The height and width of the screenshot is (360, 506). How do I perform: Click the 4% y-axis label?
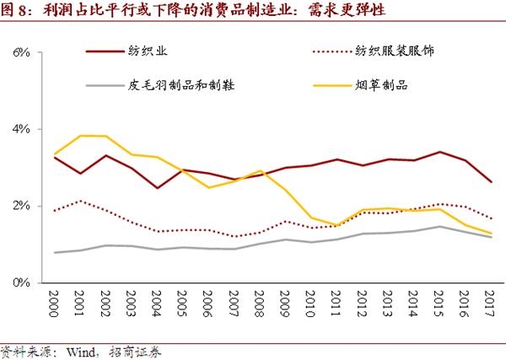[x=20, y=129]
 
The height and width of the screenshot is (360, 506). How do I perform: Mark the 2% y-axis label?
[x=20, y=206]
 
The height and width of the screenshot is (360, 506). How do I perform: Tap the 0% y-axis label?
[x=20, y=282]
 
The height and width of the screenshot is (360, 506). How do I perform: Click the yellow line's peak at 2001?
[x=80, y=136]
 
